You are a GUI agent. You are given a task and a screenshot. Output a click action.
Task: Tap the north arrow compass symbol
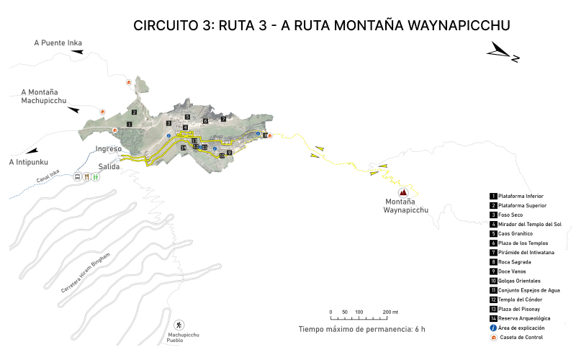click(503, 52)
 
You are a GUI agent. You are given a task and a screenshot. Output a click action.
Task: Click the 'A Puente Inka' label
click(58, 43)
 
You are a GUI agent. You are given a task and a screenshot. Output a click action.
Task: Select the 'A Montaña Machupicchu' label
click(44, 96)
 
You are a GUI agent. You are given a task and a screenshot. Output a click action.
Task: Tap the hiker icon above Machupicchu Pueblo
click(179, 325)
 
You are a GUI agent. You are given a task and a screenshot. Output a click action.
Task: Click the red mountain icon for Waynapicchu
click(403, 192)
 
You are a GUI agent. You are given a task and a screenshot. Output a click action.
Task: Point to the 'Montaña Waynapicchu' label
click(405, 207)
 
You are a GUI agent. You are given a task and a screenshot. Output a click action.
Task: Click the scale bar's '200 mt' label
click(390, 312)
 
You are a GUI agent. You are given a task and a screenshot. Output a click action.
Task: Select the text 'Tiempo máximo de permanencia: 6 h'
click(361, 329)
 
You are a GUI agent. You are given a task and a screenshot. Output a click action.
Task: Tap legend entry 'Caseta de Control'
click(521, 337)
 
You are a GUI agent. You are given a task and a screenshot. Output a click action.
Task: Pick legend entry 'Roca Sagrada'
click(516, 261)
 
